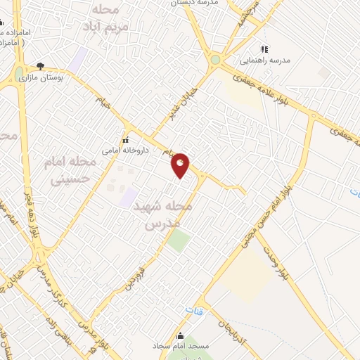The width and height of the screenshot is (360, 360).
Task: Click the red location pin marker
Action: (x=181, y=165)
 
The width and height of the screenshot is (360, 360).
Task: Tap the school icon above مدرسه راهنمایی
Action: (x=264, y=49)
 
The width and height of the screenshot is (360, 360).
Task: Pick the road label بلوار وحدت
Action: (x=274, y=261)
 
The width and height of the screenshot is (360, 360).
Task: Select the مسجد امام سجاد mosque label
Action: (x=180, y=347)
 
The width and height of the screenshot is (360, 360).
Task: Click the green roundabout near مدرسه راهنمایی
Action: (x=215, y=60)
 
